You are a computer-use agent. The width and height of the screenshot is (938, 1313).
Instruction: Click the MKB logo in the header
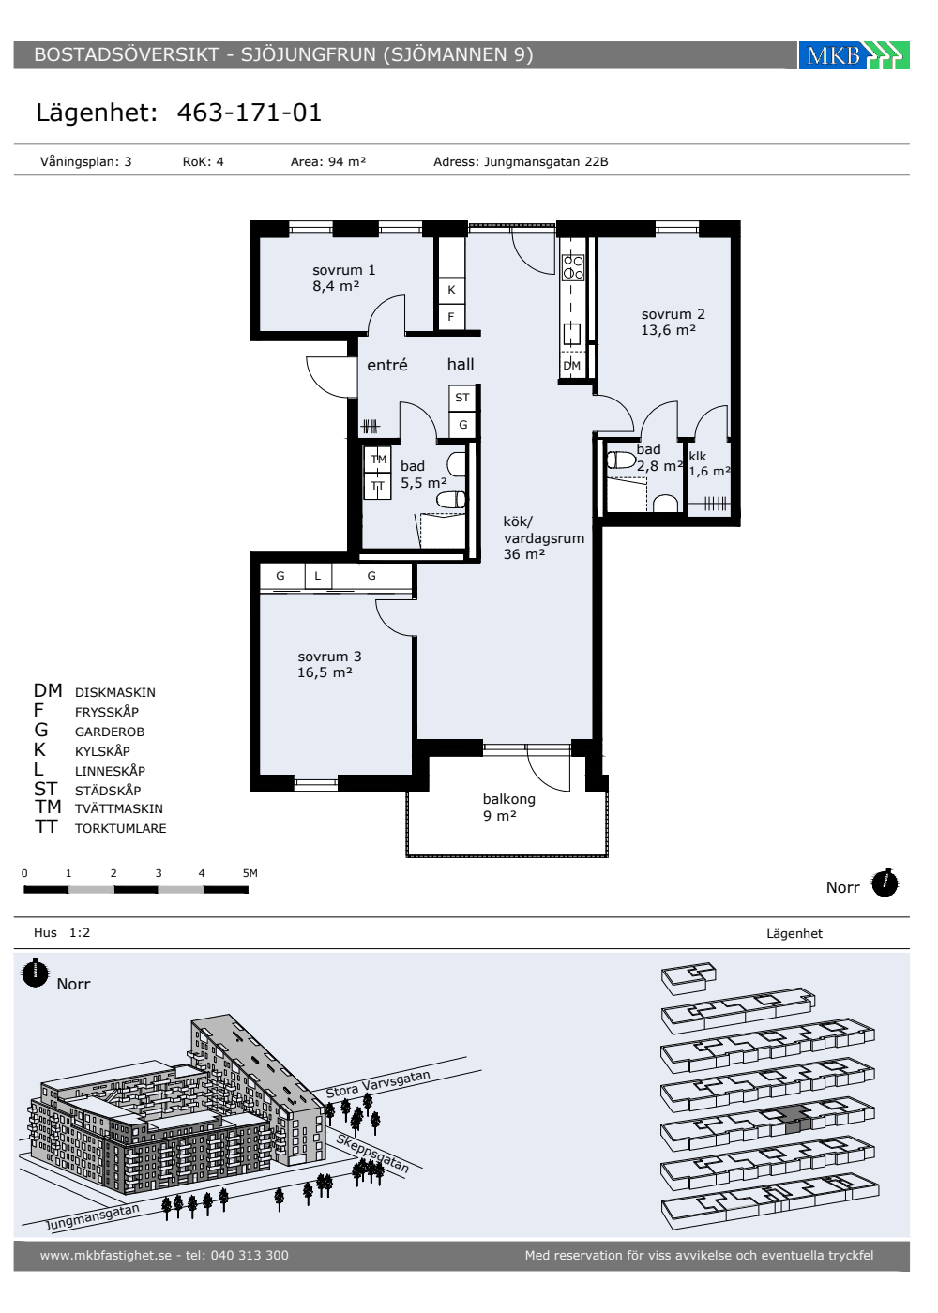854,55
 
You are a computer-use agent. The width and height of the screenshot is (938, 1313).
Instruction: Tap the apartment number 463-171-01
250,113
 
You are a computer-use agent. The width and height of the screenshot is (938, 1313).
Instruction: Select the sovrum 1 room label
343,278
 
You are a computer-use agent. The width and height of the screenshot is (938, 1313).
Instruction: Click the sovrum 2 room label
673,322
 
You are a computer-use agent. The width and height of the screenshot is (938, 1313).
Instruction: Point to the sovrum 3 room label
329,664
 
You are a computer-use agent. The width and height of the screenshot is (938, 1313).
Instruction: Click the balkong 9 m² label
508,807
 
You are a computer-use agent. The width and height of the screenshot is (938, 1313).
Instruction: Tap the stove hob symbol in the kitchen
573,267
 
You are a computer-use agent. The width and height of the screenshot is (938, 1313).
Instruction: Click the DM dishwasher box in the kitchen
571,365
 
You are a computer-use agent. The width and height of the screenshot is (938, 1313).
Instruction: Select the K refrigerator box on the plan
451,289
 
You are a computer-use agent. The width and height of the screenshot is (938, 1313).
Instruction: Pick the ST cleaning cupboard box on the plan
461,398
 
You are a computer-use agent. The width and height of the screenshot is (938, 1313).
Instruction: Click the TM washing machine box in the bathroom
378,459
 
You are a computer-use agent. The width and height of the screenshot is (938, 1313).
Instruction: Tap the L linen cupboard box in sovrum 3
318,576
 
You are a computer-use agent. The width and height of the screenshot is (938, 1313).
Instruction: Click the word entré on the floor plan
386,365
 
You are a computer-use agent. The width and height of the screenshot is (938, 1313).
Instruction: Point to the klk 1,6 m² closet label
709,463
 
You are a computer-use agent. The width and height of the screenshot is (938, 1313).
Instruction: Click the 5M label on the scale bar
250,873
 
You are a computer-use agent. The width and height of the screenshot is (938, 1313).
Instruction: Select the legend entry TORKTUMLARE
121,828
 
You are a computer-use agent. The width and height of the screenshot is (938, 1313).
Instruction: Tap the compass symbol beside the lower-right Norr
885,883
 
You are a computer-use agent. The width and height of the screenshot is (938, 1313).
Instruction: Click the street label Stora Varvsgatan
378,1084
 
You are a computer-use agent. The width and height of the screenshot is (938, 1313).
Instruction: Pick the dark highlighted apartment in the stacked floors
796,1118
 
